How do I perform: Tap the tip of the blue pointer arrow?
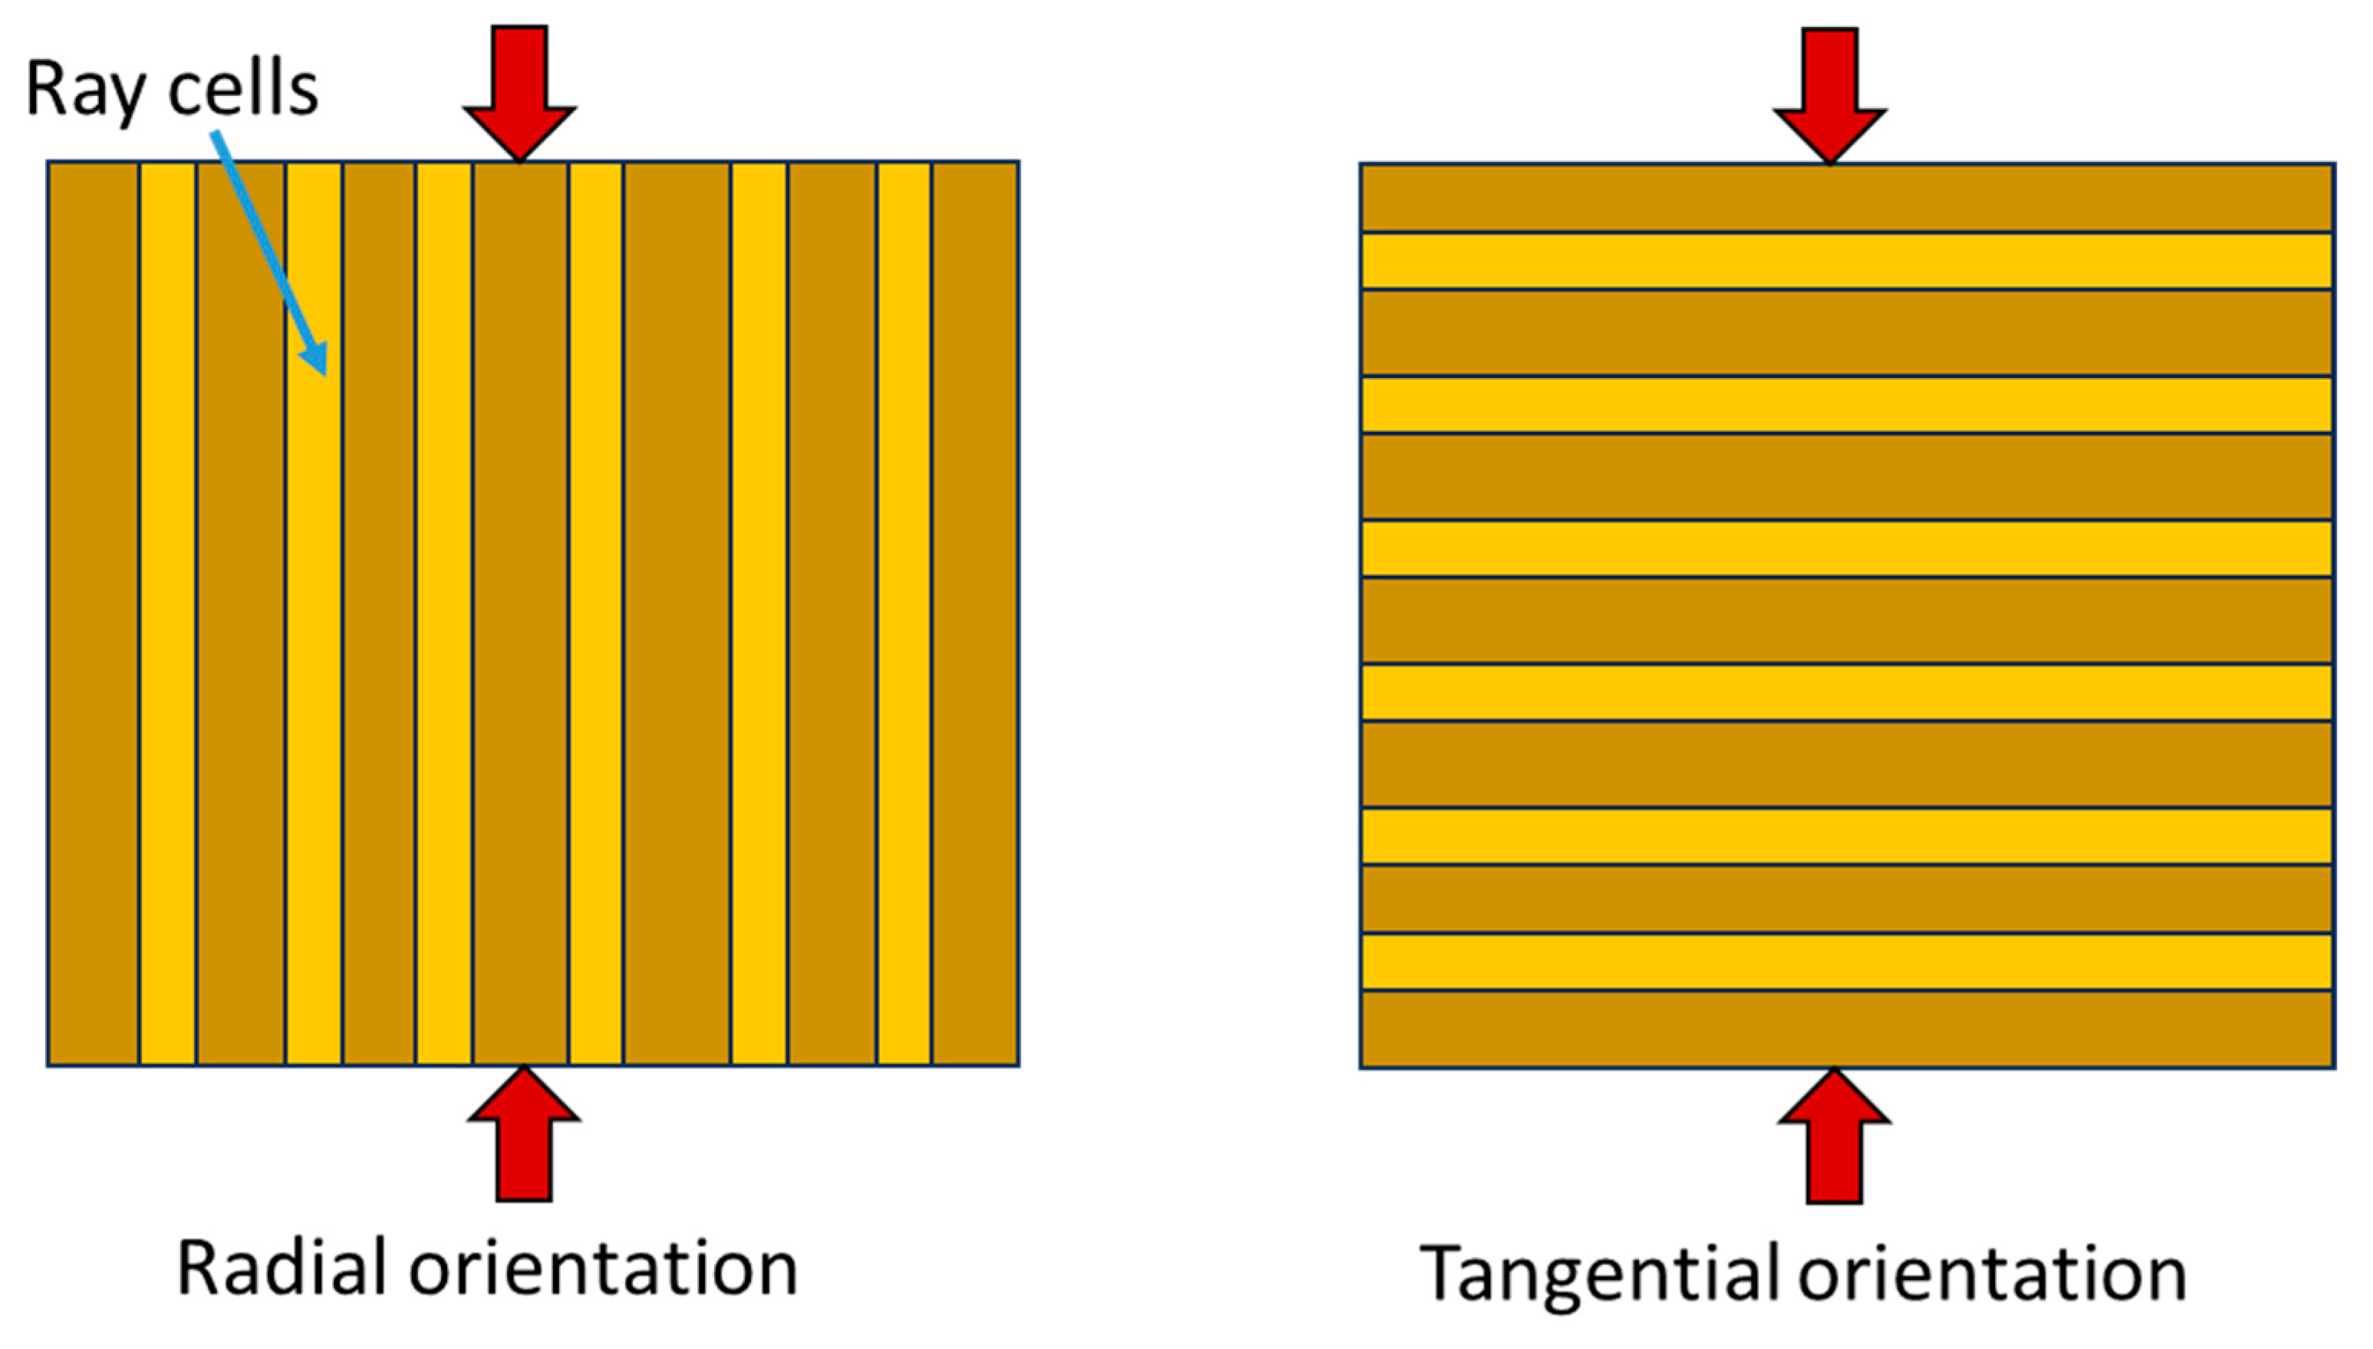pos(324,373)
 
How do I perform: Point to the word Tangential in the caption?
pos(1598,1274)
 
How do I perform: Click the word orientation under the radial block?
pos(603,1268)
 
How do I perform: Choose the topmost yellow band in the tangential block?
pos(1847,260)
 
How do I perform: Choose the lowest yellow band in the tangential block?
pos(1847,962)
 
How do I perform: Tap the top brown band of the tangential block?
pos(1847,197)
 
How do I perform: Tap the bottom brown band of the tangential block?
pos(1847,1028)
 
